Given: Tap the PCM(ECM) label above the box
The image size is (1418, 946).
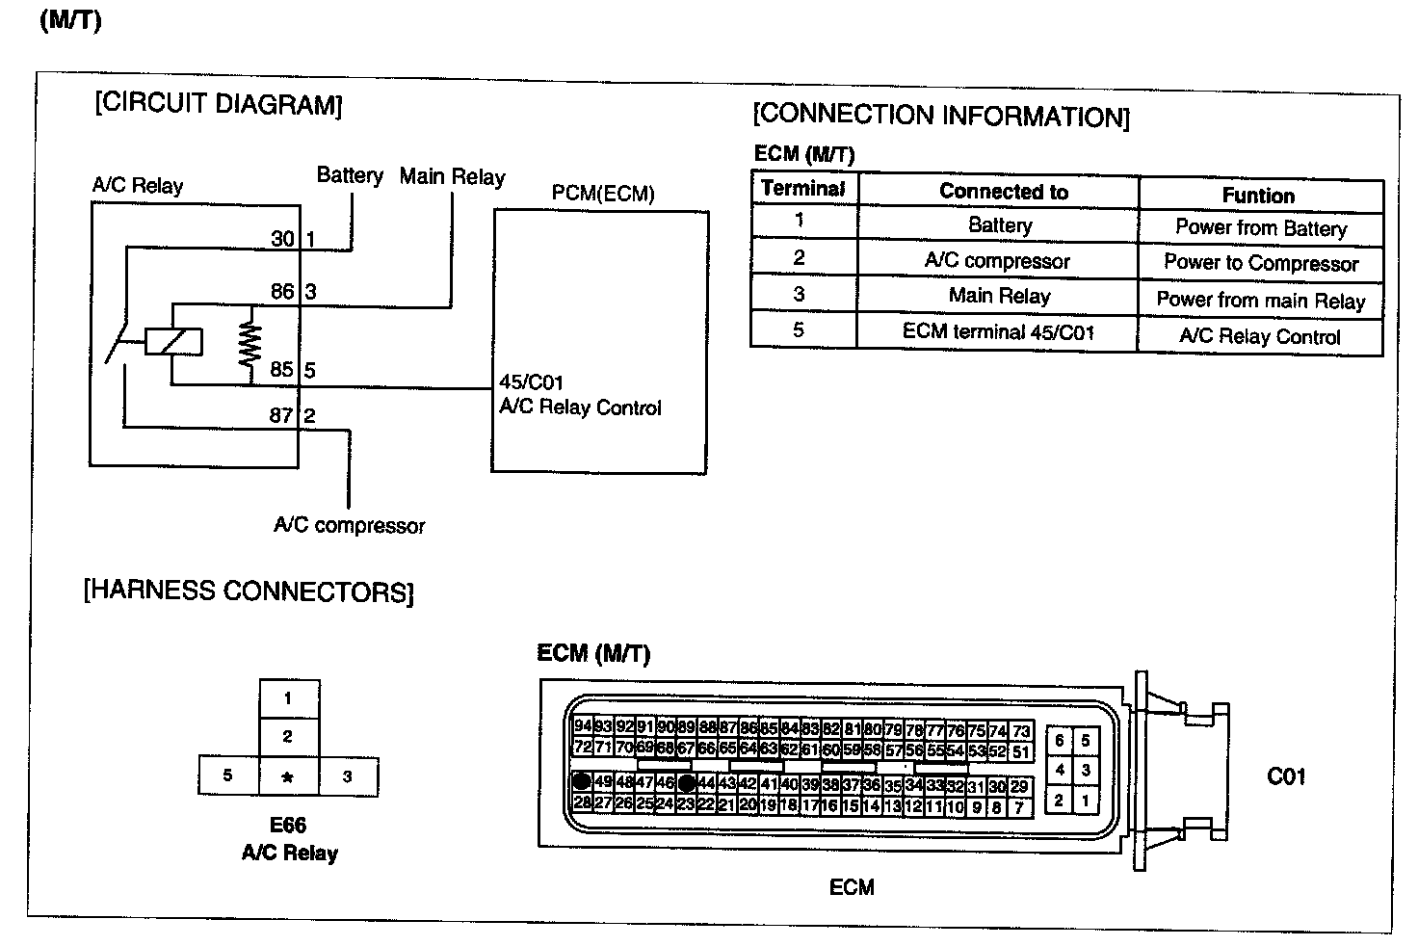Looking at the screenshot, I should click(603, 194).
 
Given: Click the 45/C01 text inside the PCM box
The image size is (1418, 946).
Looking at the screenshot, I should click(531, 382).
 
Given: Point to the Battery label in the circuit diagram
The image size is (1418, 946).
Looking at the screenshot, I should click(350, 175).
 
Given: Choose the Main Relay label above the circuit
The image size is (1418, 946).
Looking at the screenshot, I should click(452, 177).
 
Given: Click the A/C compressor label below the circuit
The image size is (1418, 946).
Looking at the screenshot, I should click(350, 526).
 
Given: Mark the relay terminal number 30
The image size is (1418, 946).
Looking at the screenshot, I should click(282, 238).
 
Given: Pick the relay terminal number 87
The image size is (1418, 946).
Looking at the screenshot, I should click(280, 415).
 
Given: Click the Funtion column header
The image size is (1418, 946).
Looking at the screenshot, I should click(1258, 196).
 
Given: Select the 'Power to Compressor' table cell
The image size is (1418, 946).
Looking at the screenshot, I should click(1260, 263).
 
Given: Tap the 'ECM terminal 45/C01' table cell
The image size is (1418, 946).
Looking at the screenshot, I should click(998, 332).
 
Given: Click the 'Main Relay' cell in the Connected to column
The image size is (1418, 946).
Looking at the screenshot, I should click(999, 297).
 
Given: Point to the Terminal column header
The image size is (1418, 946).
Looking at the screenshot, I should click(802, 189).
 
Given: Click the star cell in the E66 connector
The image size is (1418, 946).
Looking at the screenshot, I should click(288, 776).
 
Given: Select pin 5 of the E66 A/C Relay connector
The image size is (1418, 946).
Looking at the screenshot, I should click(227, 775).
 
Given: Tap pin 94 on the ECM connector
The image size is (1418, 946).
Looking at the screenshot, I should click(582, 726).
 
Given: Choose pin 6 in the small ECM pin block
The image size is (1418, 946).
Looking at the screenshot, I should click(1059, 740).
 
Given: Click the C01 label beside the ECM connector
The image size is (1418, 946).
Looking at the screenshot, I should click(1286, 776).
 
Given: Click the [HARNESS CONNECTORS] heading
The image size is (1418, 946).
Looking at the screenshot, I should click(249, 591).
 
